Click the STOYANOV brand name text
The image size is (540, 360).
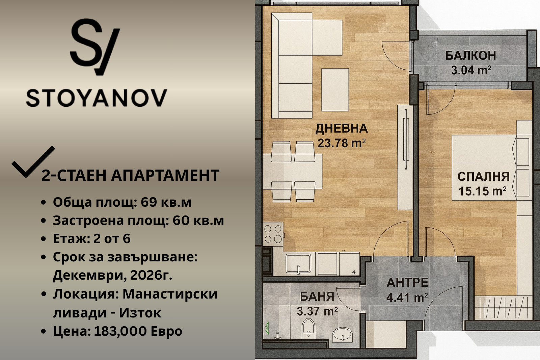click(97, 98)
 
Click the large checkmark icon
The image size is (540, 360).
click(33, 162)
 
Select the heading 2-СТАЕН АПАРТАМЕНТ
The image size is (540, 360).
click(130, 176)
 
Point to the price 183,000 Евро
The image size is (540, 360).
click(138, 331)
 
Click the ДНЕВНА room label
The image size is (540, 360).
click(341, 129)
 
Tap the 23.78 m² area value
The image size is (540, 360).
click(341, 143)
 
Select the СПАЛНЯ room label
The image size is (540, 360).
click(483, 177)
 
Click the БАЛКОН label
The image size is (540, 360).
click(470, 55)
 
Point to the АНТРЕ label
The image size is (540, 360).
click(407, 283)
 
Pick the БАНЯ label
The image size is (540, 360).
click(317, 297)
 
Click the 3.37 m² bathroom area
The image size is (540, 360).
click(317, 311)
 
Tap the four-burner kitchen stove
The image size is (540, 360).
click(273, 234)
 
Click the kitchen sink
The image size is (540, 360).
click(298, 263)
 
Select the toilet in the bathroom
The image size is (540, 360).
click(308, 328)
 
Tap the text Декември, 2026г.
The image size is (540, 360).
click(112, 275)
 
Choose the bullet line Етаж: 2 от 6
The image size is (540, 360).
click(91, 239)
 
